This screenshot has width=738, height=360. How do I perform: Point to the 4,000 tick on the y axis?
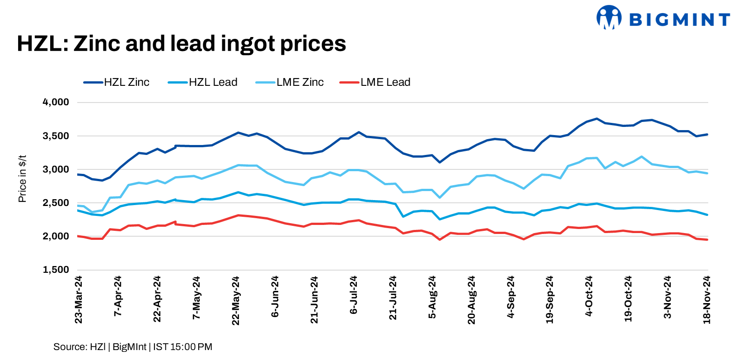(56, 102)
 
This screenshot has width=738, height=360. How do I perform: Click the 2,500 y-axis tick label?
(56, 203)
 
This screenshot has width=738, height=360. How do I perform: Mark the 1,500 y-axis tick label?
(56, 270)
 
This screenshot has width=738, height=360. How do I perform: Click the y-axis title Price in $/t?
(22, 179)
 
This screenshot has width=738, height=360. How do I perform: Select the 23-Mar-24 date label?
(79, 300)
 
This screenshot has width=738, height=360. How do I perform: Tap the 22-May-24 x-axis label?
(235, 300)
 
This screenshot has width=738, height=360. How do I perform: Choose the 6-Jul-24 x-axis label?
(354, 295)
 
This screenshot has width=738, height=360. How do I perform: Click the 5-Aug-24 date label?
(432, 297)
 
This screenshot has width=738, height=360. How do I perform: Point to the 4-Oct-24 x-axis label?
(589, 296)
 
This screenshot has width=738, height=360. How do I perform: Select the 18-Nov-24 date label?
(707, 300)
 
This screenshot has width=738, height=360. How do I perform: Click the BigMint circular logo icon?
(609, 18)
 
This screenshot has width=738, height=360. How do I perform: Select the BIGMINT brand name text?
(679, 19)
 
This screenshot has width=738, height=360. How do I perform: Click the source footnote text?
(133, 347)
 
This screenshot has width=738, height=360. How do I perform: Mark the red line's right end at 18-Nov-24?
(707, 239)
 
